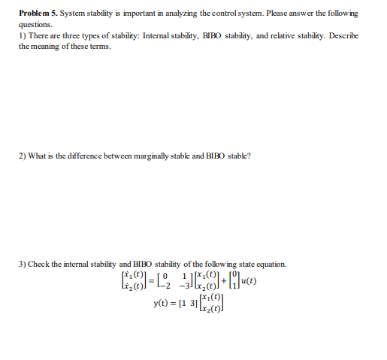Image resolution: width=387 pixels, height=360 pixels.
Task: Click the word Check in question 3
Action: click(43, 264)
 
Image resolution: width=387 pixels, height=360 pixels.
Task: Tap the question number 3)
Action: click(23, 264)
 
